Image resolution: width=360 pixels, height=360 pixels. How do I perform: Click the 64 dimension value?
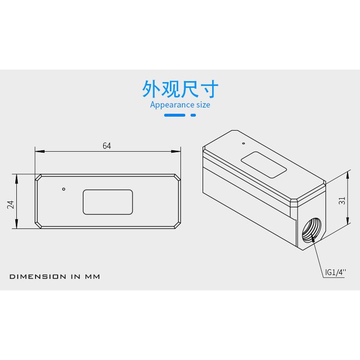107,146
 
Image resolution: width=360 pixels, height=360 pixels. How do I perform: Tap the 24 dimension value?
11,204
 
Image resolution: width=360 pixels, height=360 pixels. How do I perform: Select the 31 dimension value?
342,201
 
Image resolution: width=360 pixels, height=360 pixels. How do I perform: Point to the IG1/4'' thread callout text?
336,272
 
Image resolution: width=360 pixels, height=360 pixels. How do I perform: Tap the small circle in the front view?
63,189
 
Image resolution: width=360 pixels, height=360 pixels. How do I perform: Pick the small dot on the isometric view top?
243,143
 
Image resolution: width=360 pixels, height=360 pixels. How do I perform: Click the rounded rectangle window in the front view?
108,202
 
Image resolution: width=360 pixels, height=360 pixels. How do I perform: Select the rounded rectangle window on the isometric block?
264,165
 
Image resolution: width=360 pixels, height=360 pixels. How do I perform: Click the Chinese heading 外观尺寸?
180,89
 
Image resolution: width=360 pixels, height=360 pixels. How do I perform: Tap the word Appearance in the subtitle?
169,105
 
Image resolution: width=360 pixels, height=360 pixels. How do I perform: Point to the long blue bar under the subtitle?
175,115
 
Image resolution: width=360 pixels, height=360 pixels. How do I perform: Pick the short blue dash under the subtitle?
193,115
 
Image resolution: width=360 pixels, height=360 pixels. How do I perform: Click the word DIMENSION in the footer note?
38,276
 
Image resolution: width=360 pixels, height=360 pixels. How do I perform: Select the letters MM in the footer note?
93,276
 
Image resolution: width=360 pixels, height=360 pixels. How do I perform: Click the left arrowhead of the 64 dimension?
40,151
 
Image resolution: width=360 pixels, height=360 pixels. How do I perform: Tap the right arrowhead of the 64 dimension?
176,151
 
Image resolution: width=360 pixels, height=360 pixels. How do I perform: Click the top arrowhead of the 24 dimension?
16,179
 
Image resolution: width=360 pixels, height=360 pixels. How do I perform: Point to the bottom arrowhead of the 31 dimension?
348,220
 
